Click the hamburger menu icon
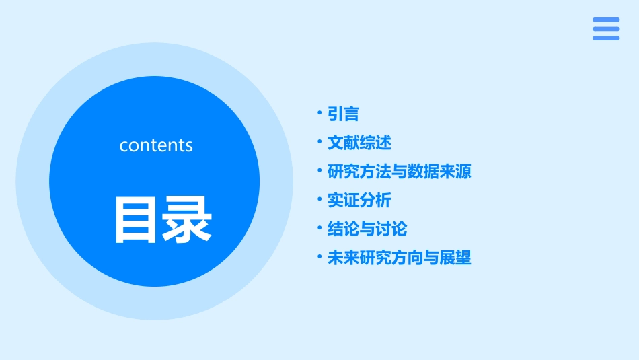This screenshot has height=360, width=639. tap(606, 28)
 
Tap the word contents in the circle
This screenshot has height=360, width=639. tap(156, 145)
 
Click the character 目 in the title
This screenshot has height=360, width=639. tap(135, 219)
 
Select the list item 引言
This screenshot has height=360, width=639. tap(343, 114)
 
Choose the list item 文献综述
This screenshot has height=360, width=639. tap(359, 143)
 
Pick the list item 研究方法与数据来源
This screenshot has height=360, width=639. tap(399, 172)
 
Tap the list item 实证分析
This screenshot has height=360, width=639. tap(359, 201)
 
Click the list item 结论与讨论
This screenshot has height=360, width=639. tap(367, 229)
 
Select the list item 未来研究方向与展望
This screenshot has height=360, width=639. tap(399, 258)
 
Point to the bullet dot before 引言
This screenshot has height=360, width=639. tap(320, 114)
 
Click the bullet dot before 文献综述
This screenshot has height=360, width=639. tap(320, 142)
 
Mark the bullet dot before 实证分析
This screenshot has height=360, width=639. tap(320, 200)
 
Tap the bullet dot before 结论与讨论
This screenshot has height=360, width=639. tap(320, 228)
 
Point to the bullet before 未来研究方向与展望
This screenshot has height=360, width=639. tap(320, 257)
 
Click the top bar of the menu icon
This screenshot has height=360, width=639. tap(606, 19)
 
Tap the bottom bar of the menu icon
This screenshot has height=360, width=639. tap(606, 38)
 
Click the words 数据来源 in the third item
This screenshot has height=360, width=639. tap(439, 172)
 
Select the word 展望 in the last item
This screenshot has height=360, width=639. tap(455, 258)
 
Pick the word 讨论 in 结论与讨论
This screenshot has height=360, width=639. tap(391, 229)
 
